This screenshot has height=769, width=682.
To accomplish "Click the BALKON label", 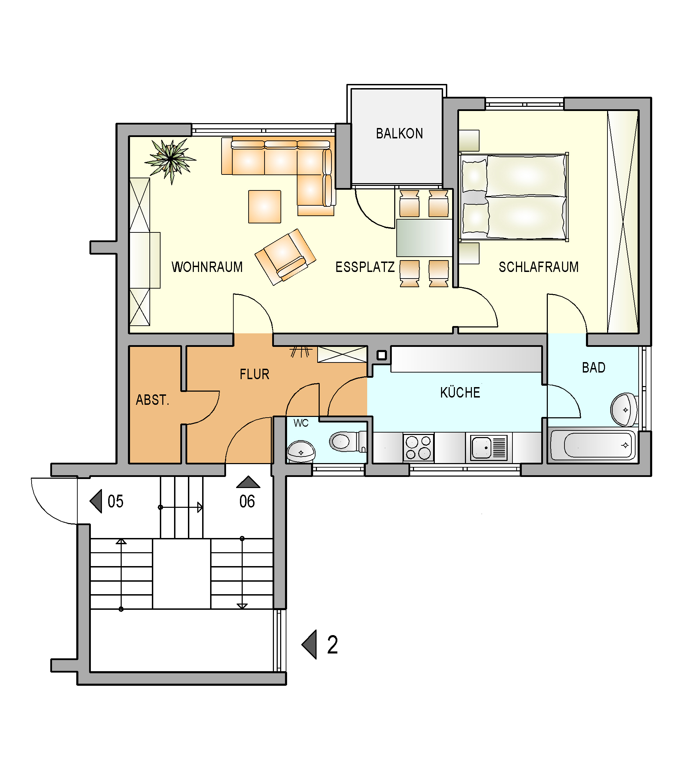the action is point(399,134).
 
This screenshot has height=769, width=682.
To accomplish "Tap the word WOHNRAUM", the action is point(207,267).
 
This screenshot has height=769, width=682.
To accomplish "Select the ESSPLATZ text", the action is point(365,267).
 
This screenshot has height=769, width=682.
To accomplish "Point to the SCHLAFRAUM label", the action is point(539,267).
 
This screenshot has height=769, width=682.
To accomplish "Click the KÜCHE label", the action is point(460,392).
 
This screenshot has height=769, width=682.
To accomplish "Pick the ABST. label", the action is point(153,400).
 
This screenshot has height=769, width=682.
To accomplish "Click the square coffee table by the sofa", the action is point(265,206).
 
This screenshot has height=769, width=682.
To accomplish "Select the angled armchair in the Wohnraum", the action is point(285,257).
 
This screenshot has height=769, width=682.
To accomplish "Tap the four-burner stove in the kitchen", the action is point(418,448).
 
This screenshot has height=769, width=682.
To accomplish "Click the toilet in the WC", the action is point(348,441).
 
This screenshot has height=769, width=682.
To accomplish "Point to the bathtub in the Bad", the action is point(593,445).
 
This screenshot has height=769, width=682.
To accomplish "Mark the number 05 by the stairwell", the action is point(115,502).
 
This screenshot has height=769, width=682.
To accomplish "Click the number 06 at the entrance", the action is point(247,502).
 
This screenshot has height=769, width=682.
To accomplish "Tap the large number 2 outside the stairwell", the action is point(333,645).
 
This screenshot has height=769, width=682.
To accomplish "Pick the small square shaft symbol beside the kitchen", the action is point(382,355).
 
